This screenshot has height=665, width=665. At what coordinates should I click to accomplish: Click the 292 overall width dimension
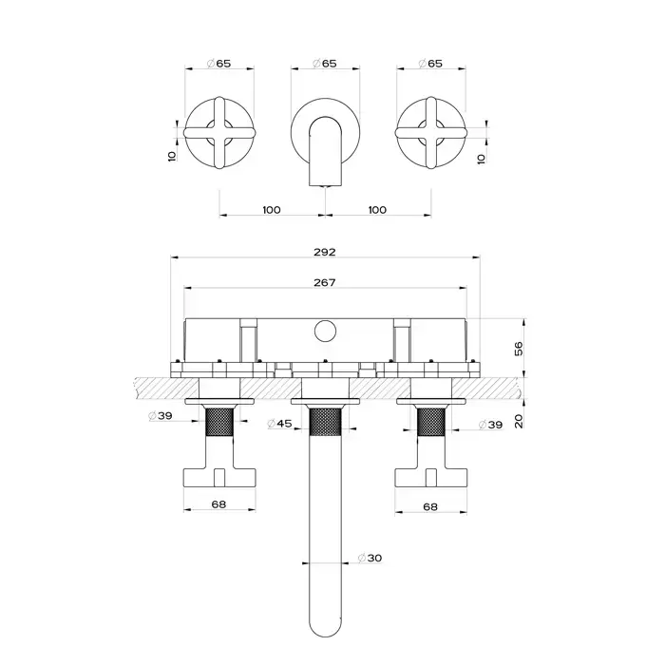tap(325, 252)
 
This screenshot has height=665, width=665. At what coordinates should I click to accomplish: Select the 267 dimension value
tap(325, 282)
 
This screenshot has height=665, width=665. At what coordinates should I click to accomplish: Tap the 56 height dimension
tap(519, 349)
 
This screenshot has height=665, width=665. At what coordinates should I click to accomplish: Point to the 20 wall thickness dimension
tap(519, 421)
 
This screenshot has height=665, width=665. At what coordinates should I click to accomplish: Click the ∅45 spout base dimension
tap(279, 424)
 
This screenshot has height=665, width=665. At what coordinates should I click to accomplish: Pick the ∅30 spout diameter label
tap(370, 558)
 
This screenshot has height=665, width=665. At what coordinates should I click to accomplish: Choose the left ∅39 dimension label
tap(161, 416)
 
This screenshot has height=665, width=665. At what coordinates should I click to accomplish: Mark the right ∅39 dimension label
tap(490, 424)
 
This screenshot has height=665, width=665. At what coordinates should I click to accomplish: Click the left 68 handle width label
tap(218, 504)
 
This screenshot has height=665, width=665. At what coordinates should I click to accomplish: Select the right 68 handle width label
tap(430, 506)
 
